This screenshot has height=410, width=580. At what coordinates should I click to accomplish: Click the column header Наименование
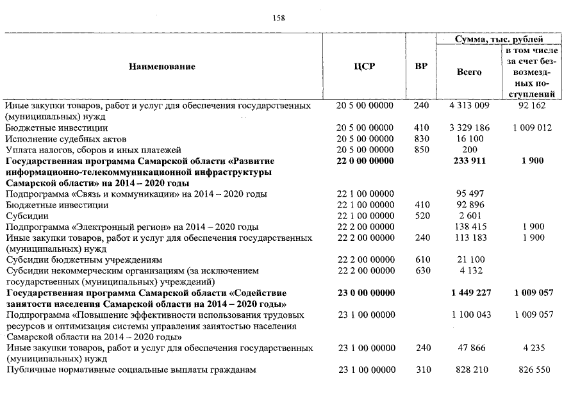click(162, 67)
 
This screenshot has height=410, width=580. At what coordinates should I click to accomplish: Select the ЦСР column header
click(364, 67)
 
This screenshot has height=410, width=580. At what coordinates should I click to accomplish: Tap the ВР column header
click(421, 67)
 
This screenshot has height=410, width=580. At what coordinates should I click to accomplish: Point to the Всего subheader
click(469, 72)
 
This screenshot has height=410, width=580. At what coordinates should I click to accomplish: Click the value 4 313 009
click(470, 106)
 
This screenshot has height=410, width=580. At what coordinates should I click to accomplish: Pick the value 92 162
click(531, 106)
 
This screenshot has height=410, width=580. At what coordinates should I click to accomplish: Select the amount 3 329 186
click(470, 128)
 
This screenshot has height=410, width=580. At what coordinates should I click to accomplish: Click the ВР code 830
click(421, 139)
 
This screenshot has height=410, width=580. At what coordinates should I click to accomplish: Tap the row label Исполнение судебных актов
click(66, 139)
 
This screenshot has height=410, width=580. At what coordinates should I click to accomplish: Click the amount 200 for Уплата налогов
click(470, 150)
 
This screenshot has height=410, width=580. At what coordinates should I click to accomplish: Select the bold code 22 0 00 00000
click(364, 161)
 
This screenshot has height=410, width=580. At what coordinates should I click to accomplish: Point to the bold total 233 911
click(470, 161)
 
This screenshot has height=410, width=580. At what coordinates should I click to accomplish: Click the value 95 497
click(470, 194)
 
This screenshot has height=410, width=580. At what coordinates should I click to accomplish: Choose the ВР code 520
click(421, 216)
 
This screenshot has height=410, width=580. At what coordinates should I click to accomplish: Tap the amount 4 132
click(470, 271)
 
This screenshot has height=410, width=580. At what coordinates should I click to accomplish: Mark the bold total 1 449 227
click(470, 293)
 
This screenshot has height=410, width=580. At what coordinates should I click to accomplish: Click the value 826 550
click(531, 370)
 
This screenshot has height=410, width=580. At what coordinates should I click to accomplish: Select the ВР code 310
click(421, 370)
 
